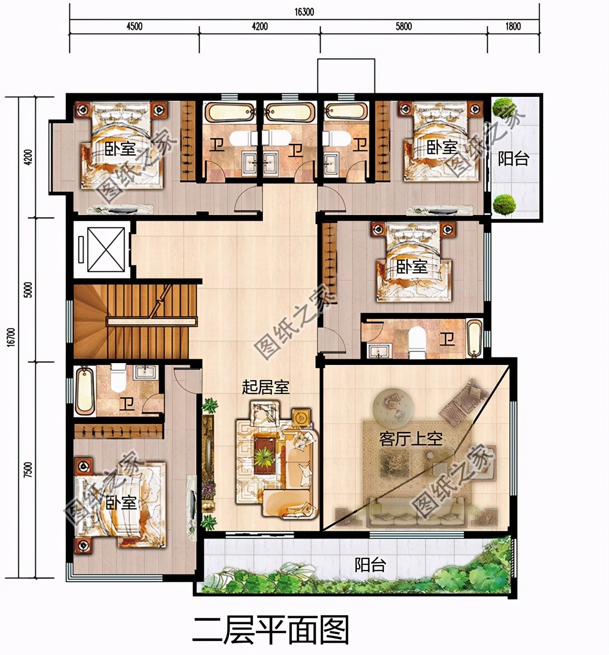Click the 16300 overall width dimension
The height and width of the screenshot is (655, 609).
pyautogui.click(x=304, y=12)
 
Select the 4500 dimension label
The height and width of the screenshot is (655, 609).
pyautogui.click(x=134, y=26)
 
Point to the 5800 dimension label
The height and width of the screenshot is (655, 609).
pyautogui.click(x=404, y=26)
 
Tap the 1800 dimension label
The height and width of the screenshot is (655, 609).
pyautogui.click(x=513, y=26)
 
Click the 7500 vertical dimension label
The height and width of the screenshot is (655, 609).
pyautogui.click(x=29, y=469)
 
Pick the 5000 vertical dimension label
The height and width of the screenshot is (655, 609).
pyautogui.click(x=29, y=290)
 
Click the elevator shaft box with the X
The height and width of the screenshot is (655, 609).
pyautogui.click(x=106, y=250)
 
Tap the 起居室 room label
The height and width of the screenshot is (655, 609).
pyautogui.click(x=266, y=387)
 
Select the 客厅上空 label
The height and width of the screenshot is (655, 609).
pyautogui.click(x=411, y=439)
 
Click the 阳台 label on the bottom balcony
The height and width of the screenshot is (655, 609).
pyautogui.click(x=371, y=565)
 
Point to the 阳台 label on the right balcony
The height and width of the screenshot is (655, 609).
pyautogui.click(x=513, y=159)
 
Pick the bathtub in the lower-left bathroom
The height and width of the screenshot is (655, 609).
pyautogui.click(x=85, y=390)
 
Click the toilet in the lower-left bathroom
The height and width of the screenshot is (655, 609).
pyautogui.click(x=119, y=377)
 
